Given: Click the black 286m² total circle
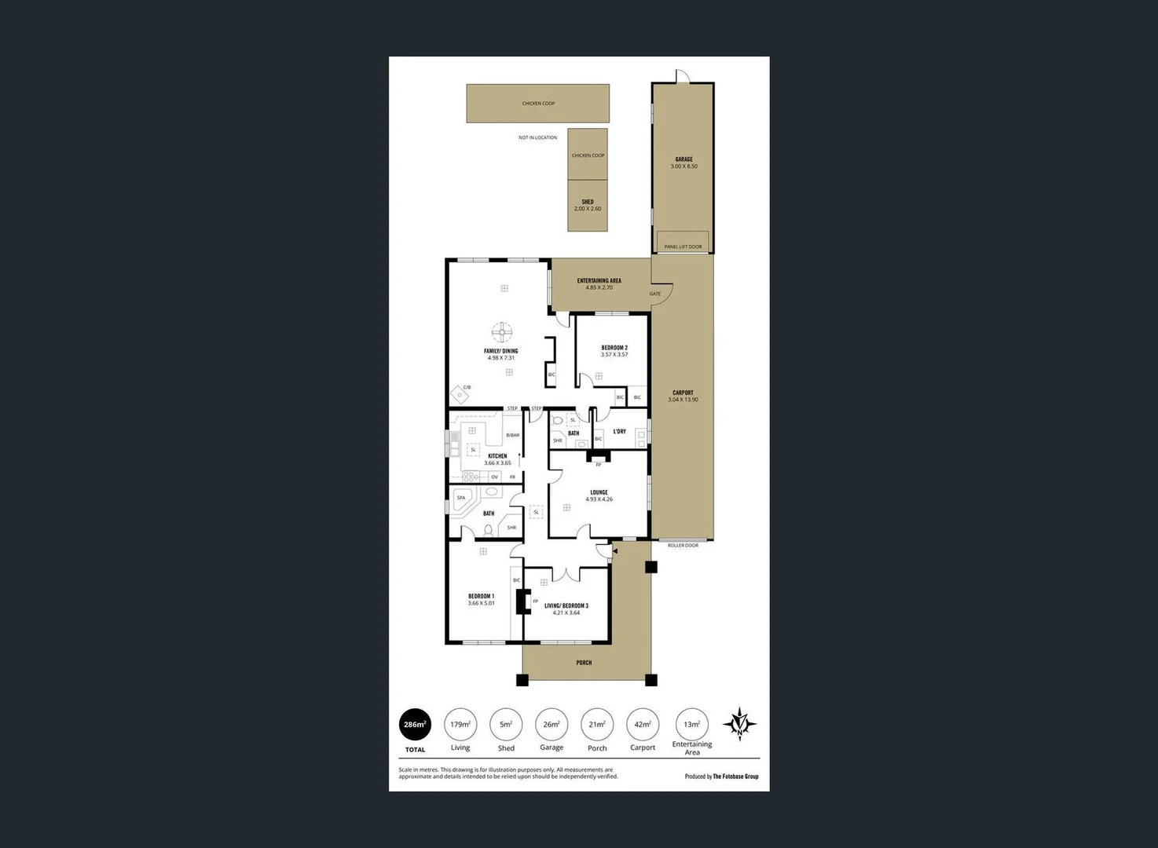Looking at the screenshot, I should tap(415, 725).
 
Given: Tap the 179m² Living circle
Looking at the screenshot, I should tap(460, 725).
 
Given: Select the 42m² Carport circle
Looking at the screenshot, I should tap(643, 725).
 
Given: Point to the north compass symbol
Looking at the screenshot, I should tap(739, 724).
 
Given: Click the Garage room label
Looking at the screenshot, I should tap(683, 159).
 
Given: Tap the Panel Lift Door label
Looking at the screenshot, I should tap(683, 247).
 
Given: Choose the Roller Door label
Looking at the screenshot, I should tap(683, 545).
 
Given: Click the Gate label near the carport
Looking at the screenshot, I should tap(655, 294).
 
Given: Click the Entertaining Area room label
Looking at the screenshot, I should tap(599, 281).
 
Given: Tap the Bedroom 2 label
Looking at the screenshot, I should tap(614, 348).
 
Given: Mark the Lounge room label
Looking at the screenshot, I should tap(599, 493).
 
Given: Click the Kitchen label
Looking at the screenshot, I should tap(497, 456).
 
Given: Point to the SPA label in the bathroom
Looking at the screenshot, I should tap(461, 498).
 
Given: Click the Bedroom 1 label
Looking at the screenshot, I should tap(481, 597).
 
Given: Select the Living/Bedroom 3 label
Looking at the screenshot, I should tap(566, 606).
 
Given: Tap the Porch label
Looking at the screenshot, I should tap(584, 663).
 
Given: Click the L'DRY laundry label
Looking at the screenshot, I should tap(620, 431).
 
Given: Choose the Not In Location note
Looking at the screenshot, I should tap(537, 137).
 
